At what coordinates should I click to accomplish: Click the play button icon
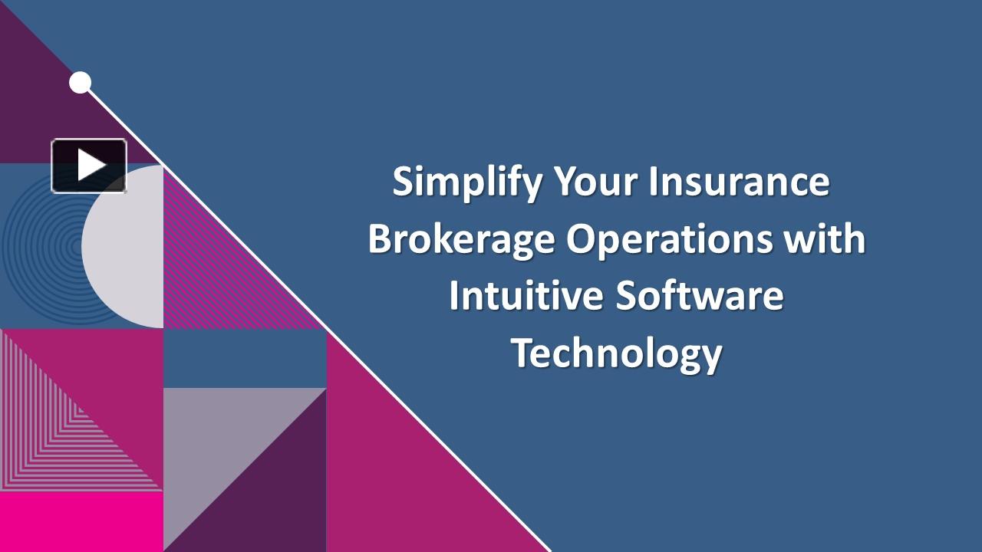click(x=89, y=166)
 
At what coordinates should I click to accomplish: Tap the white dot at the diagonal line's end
click(x=80, y=83)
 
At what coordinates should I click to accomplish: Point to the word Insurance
click(x=739, y=182)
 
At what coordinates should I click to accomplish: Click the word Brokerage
click(x=460, y=239)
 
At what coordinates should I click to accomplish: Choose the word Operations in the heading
click(x=669, y=239)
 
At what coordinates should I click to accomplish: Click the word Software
click(x=700, y=296)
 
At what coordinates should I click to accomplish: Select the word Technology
click(x=617, y=353)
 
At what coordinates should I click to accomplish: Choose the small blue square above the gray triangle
click(x=245, y=358)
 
